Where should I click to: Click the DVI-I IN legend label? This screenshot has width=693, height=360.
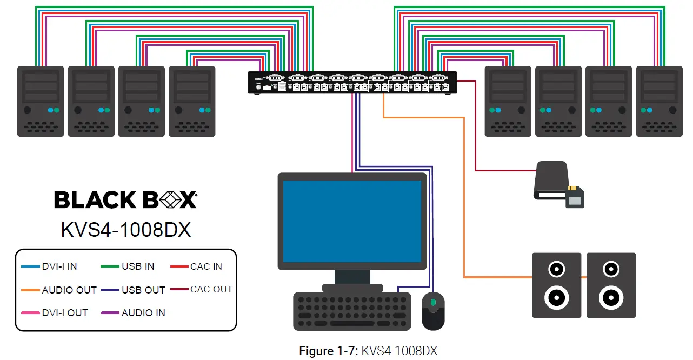pos(59,266)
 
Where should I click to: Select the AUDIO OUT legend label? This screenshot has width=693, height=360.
pos(69,290)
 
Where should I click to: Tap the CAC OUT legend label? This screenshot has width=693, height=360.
pos(211,290)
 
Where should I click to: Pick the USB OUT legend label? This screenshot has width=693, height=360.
pos(143,290)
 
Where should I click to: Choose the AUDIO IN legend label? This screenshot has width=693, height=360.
pos(143,313)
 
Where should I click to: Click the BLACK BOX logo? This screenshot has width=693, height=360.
pos(125,200)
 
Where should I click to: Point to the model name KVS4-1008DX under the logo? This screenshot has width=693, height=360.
pos(125,230)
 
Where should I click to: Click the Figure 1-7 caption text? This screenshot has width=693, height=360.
pos(368,351)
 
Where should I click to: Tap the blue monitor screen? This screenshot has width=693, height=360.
pos(352,221)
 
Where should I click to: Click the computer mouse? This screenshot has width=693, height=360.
pos(432,311)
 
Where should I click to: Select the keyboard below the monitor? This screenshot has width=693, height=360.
pos(351,311)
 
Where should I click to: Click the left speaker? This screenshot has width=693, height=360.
pos(556,285)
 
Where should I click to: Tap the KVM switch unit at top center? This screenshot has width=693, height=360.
pos(352,82)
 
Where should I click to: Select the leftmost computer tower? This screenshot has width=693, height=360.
pos(41,101)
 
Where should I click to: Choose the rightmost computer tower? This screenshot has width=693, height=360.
pos(659,101)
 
